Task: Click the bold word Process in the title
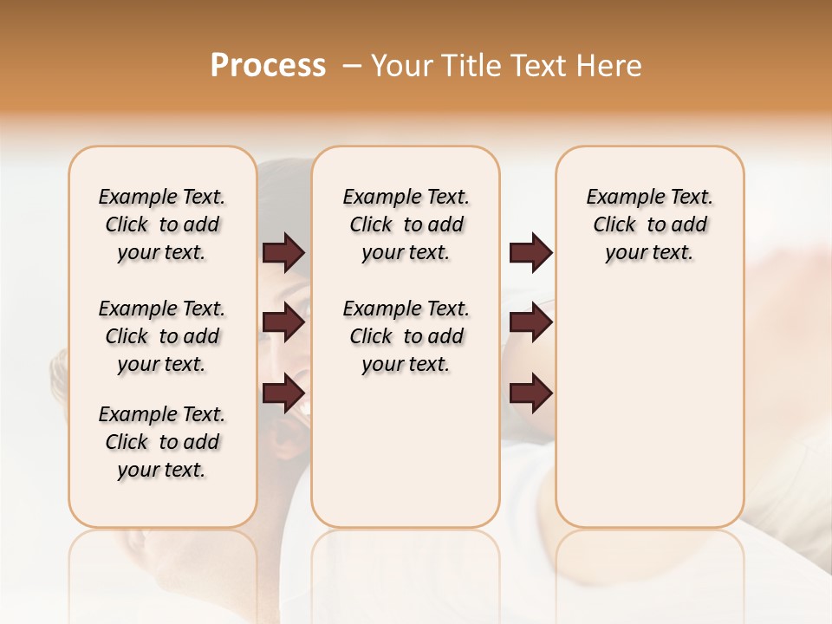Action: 268,66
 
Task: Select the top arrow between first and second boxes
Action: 283,252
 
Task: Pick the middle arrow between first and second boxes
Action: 283,323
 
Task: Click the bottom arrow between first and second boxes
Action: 283,393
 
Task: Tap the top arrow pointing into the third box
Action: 530,252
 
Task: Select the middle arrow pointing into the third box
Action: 530,323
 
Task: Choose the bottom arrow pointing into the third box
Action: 530,393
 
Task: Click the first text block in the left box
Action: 162,224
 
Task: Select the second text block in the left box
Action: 162,336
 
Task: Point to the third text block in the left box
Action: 162,442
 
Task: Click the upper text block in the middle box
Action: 406,224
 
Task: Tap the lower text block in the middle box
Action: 406,336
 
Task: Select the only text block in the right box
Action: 649,224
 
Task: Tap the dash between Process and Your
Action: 352,66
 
